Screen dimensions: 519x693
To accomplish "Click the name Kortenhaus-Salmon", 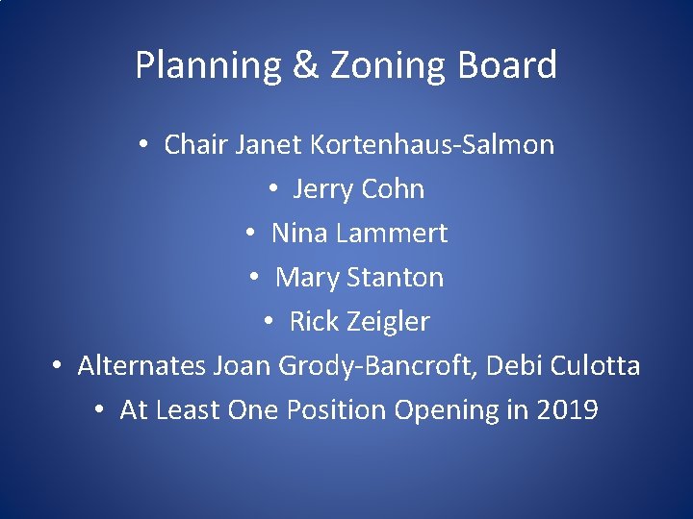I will tap(432, 144).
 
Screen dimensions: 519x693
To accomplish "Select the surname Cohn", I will tap(392, 188).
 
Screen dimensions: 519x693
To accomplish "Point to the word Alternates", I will tap(141, 365).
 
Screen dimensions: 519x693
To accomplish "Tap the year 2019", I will tap(567, 409).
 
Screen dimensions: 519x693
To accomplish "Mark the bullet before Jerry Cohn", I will tap(273, 189).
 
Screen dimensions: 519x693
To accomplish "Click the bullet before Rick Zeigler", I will tap(270, 322).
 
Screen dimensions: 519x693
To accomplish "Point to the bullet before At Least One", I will tap(101, 410).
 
